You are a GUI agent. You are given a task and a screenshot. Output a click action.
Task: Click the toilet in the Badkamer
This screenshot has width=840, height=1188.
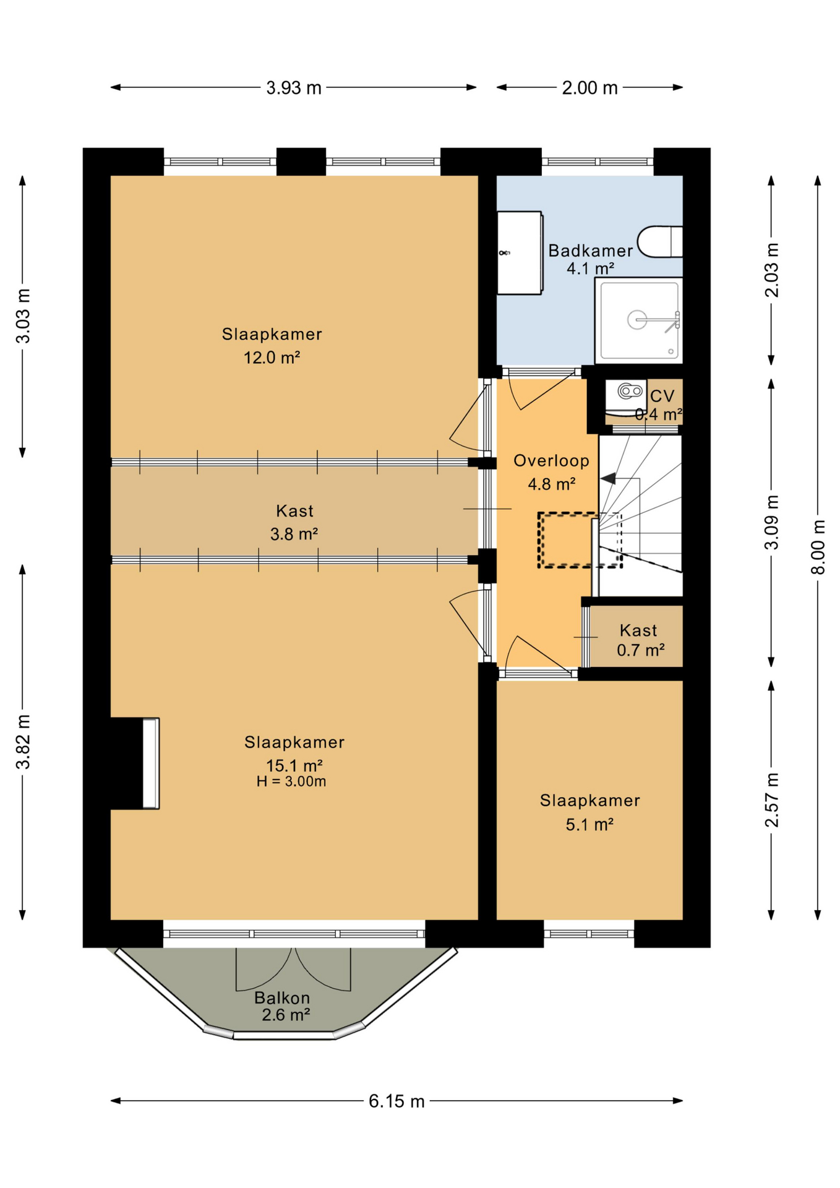click(660, 241)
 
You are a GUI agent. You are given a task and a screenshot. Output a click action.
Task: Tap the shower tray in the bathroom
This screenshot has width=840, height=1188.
click(638, 321)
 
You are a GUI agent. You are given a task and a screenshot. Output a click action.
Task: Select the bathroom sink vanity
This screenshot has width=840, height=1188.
click(520, 253)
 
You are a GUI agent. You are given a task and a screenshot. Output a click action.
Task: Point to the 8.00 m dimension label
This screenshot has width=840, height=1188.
click(818, 547)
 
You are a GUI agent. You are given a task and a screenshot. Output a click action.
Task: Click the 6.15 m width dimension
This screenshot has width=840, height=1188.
click(396, 1101)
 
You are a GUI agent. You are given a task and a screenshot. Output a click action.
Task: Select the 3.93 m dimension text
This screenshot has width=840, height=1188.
click(294, 88)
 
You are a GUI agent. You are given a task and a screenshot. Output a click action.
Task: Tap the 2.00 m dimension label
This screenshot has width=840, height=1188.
click(589, 88)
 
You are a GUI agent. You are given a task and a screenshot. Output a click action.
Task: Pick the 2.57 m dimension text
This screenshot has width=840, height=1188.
click(771, 800)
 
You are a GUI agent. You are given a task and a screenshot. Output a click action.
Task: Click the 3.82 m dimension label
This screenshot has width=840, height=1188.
click(23, 741)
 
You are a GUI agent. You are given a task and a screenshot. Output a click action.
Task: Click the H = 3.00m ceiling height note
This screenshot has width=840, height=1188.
click(291, 781)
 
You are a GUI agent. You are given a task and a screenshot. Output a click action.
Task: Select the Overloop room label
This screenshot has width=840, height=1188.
click(551, 460)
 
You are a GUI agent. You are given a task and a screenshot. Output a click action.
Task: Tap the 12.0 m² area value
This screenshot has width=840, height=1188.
click(272, 357)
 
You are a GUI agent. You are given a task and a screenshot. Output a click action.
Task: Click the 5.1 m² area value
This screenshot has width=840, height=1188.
click(589, 824)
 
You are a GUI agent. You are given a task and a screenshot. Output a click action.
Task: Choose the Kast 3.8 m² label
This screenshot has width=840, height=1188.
click(294, 522)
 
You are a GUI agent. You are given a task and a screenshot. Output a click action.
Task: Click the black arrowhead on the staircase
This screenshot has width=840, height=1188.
click(608, 478)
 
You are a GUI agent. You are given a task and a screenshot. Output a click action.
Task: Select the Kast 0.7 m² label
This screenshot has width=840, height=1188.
click(640, 640)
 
